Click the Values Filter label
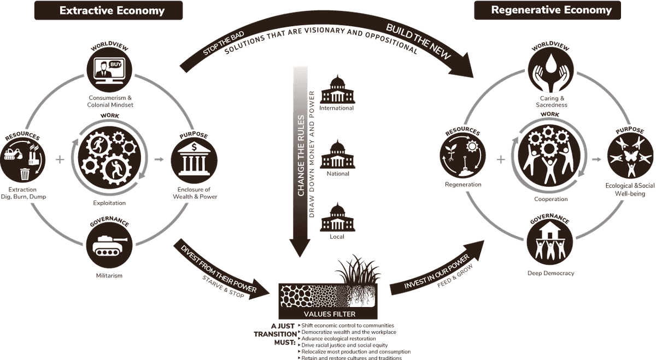329,314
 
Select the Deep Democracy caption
550,273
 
